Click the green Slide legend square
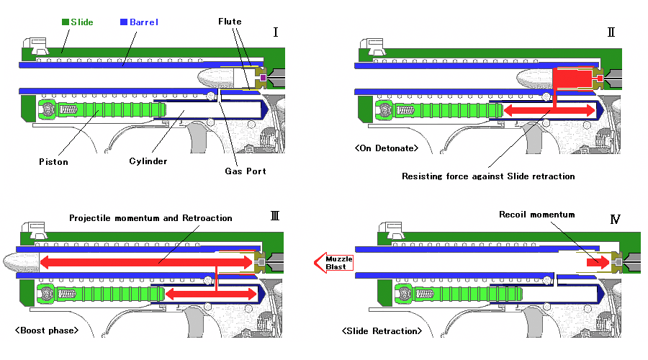66,22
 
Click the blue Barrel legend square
124,22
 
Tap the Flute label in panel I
230,22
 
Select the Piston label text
53,161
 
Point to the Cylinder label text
148,161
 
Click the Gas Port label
246,171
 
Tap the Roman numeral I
276,32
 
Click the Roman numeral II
611,32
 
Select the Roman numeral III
275,216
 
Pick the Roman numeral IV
616,219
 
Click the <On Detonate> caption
387,148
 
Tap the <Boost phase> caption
47,330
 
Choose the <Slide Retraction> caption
382,331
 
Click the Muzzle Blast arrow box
333,263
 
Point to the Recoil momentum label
537,215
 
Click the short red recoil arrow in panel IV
598,263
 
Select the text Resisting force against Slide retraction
488,176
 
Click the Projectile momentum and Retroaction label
150,218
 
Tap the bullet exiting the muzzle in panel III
21,263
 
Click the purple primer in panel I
263,78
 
